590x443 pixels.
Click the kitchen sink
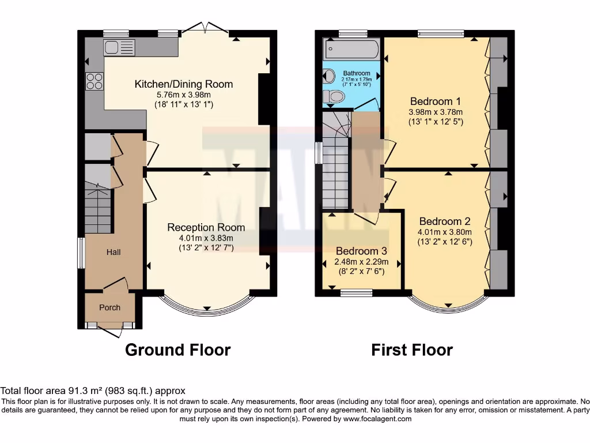click(x=119, y=47)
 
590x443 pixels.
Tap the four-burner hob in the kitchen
click(x=94, y=81)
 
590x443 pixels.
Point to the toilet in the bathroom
click(x=332, y=96)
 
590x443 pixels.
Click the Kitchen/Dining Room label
click(x=183, y=84)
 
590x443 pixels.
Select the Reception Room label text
click(x=206, y=227)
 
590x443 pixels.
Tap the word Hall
click(x=113, y=252)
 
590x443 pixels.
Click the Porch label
click(x=109, y=307)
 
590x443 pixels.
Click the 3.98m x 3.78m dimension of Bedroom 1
click(x=436, y=112)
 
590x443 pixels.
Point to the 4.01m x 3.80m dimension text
click(x=445, y=232)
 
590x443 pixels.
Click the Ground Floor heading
click(x=177, y=350)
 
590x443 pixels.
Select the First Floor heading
click(x=411, y=350)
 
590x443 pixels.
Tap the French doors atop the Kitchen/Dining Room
click(x=205, y=29)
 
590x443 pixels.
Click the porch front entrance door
click(x=110, y=331)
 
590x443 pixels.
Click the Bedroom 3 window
click(x=355, y=293)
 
